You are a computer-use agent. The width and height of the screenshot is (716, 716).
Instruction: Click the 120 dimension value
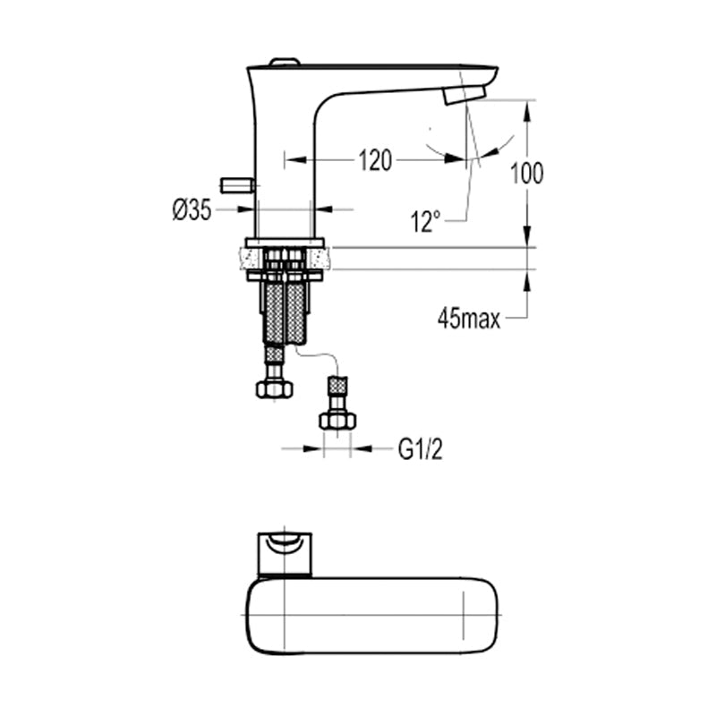[x=375, y=160]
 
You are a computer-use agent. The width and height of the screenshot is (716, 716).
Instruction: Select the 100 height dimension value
[x=526, y=173]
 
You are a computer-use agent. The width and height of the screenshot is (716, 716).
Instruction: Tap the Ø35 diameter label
[x=192, y=210]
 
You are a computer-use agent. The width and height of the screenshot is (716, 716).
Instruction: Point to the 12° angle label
[x=425, y=221]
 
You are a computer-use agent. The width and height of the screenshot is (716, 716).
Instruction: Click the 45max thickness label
[x=469, y=319]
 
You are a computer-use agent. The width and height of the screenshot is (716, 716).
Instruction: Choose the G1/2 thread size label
[x=421, y=449]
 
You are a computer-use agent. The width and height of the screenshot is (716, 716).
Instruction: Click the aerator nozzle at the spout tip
[x=465, y=95]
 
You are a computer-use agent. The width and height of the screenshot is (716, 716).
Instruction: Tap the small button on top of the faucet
[x=284, y=63]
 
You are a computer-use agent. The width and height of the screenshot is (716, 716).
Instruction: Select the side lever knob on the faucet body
[x=237, y=185]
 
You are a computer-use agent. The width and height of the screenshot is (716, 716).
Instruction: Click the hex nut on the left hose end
[x=274, y=389]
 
